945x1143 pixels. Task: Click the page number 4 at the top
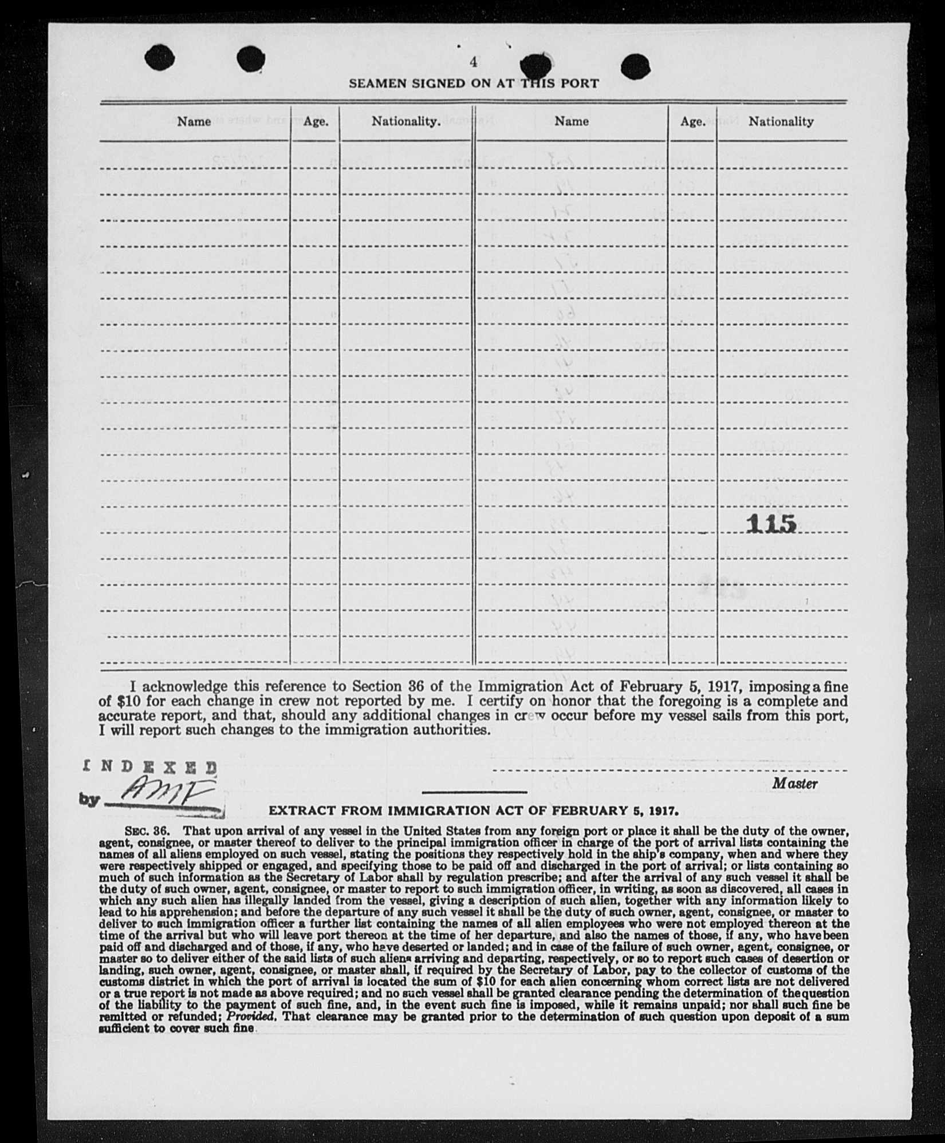tap(473, 62)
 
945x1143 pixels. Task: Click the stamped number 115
tap(772, 523)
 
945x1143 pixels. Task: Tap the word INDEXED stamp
tap(151, 766)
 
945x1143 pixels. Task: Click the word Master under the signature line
tap(794, 784)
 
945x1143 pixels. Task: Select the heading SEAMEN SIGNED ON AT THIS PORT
tap(474, 83)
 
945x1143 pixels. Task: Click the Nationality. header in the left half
tap(406, 121)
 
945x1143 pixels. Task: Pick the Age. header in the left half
tap(316, 121)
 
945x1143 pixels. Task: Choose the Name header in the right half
tap(571, 121)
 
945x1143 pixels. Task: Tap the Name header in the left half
tap(194, 121)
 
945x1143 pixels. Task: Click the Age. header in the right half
tap(692, 121)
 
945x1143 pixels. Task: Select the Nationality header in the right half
tap(781, 121)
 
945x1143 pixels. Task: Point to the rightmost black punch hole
tap(635, 65)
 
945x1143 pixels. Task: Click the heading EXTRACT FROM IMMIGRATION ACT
tap(474, 810)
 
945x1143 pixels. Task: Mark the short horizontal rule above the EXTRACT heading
tap(474, 792)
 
